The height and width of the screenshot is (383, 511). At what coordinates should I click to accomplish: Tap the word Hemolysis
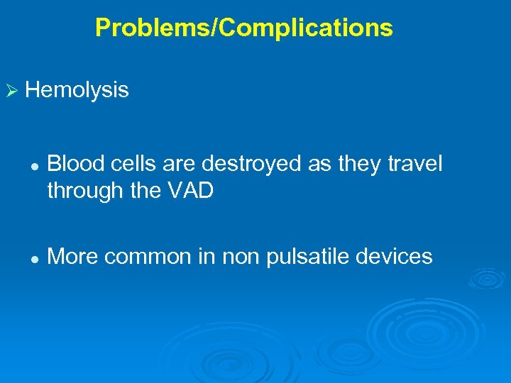pyautogui.click(x=77, y=90)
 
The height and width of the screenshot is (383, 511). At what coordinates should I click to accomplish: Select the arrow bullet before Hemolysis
pyautogui.click(x=11, y=91)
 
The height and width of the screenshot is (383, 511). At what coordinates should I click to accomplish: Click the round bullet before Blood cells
pyautogui.click(x=33, y=166)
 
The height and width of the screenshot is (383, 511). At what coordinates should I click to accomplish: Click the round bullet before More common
pyautogui.click(x=33, y=257)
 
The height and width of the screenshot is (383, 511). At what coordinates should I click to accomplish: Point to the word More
pyautogui.click(x=71, y=256)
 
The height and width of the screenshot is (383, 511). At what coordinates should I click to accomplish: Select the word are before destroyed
pyautogui.click(x=180, y=165)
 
